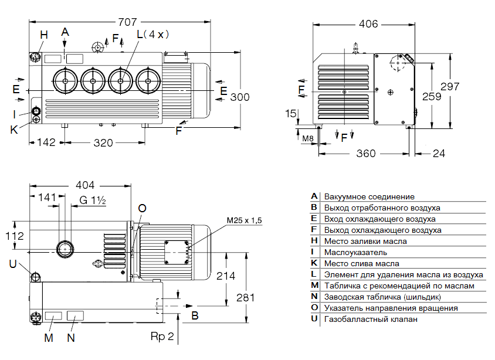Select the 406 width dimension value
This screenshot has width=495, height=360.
(x=368, y=24)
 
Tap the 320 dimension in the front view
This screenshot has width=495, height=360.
(x=104, y=142)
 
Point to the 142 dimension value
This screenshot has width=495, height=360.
(x=46, y=142)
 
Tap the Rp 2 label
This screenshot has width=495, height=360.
(x=162, y=337)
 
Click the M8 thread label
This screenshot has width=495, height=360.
(x=308, y=138)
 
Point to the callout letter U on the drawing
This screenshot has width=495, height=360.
(x=13, y=264)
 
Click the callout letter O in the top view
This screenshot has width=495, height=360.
(x=142, y=209)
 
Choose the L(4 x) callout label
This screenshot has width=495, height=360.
(x=152, y=35)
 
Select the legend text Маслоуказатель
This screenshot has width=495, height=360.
(x=355, y=252)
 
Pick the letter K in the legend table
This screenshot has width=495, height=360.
(x=314, y=263)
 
